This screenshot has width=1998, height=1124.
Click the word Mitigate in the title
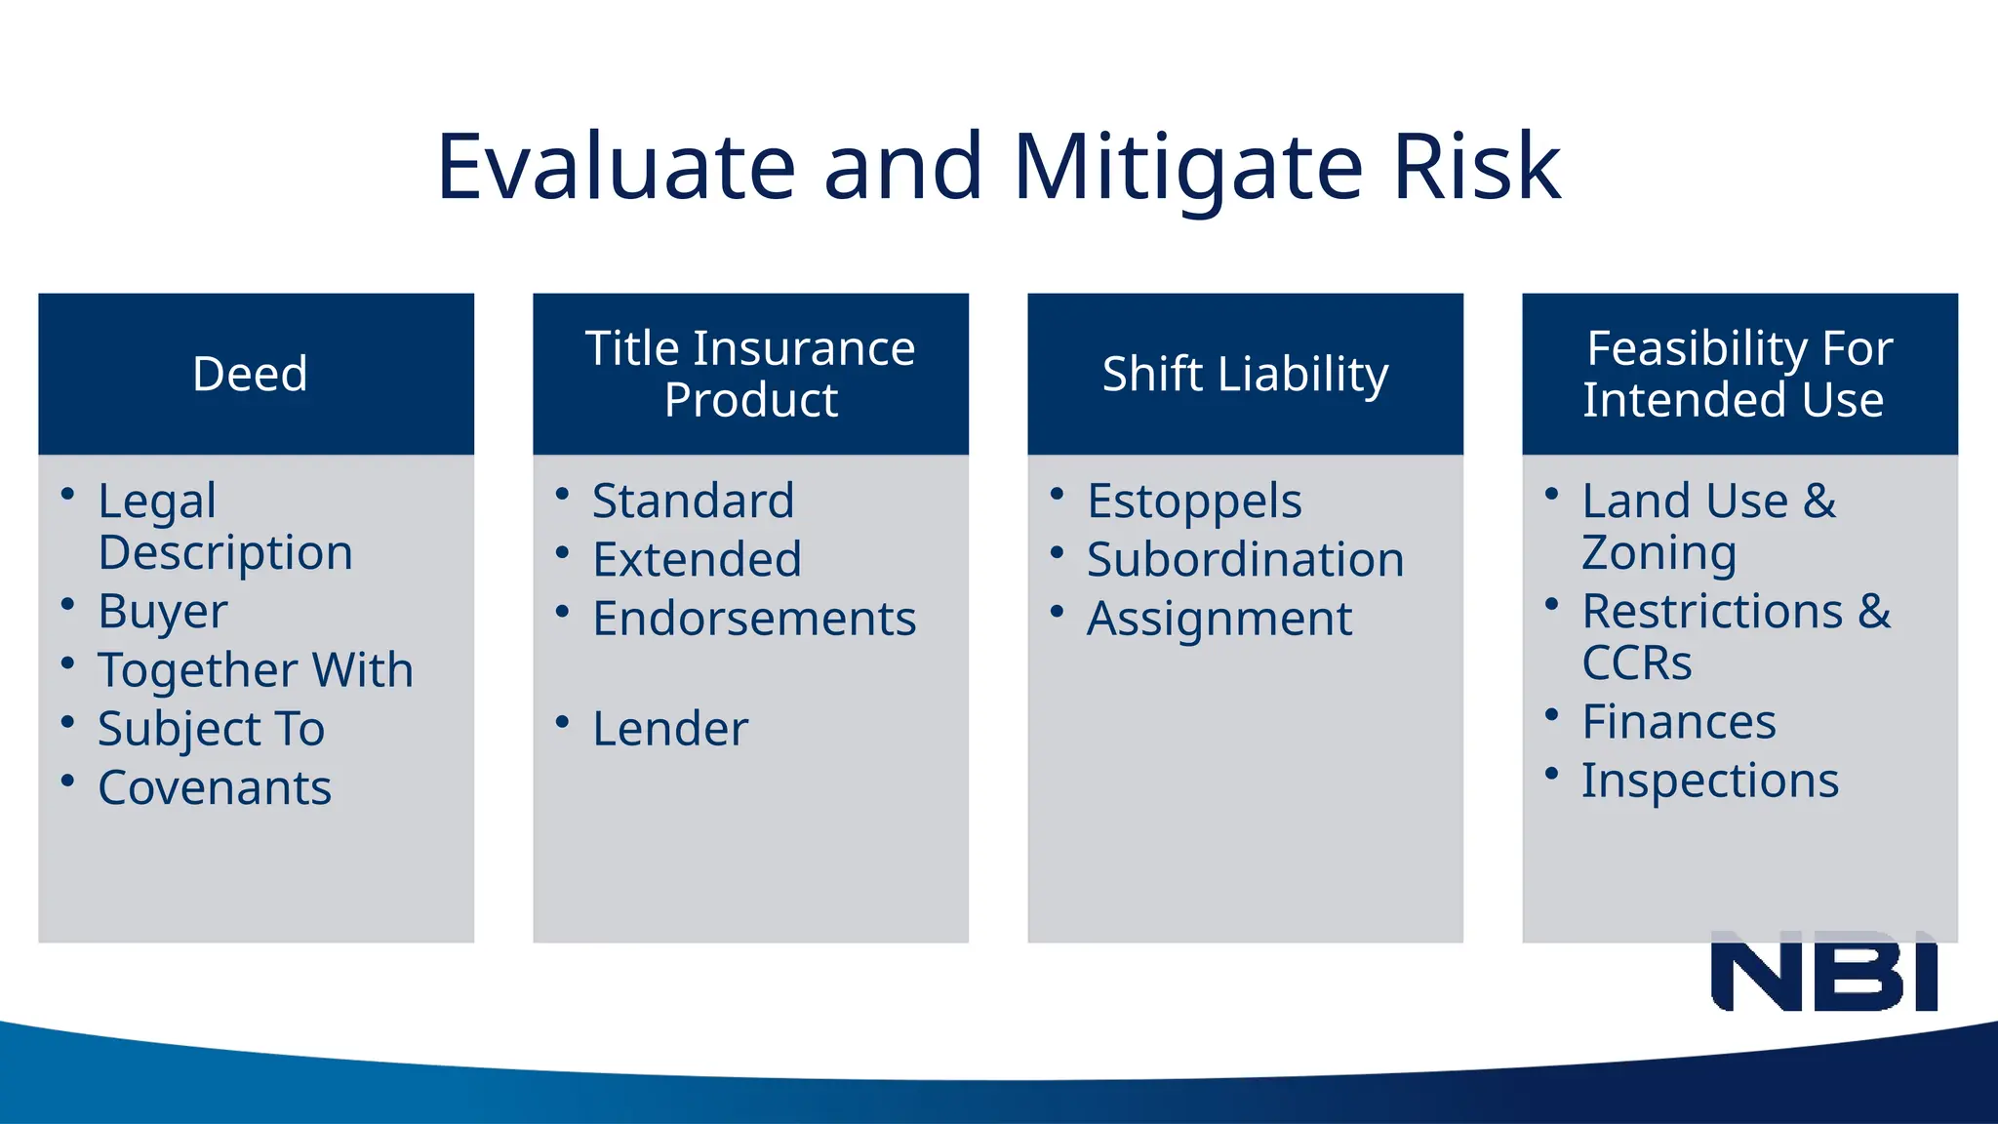[x=1187, y=168]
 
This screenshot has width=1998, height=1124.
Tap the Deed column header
[x=251, y=374]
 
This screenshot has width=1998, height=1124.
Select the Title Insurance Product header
[x=750, y=374]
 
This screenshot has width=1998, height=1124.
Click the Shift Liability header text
[x=1245, y=374]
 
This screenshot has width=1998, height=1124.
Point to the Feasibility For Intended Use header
[x=1739, y=374]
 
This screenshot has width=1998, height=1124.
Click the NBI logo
[x=1823, y=972]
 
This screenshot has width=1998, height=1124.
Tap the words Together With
[x=256, y=671]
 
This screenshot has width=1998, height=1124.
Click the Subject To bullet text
[x=212, y=730]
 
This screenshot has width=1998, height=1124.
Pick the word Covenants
[x=215, y=788]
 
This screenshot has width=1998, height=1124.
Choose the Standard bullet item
[x=693, y=502]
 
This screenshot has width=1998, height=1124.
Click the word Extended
[x=697, y=560]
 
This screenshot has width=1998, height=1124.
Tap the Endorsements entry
[x=754, y=620]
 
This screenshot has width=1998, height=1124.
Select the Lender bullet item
[x=670, y=730]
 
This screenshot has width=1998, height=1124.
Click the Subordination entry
[x=1245, y=560]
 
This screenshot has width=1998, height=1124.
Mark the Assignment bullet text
[x=1219, y=620]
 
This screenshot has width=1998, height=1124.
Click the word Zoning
[x=1658, y=553]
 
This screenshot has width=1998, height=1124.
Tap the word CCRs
[x=1636, y=663]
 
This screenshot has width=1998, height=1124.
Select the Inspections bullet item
[x=1709, y=782]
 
